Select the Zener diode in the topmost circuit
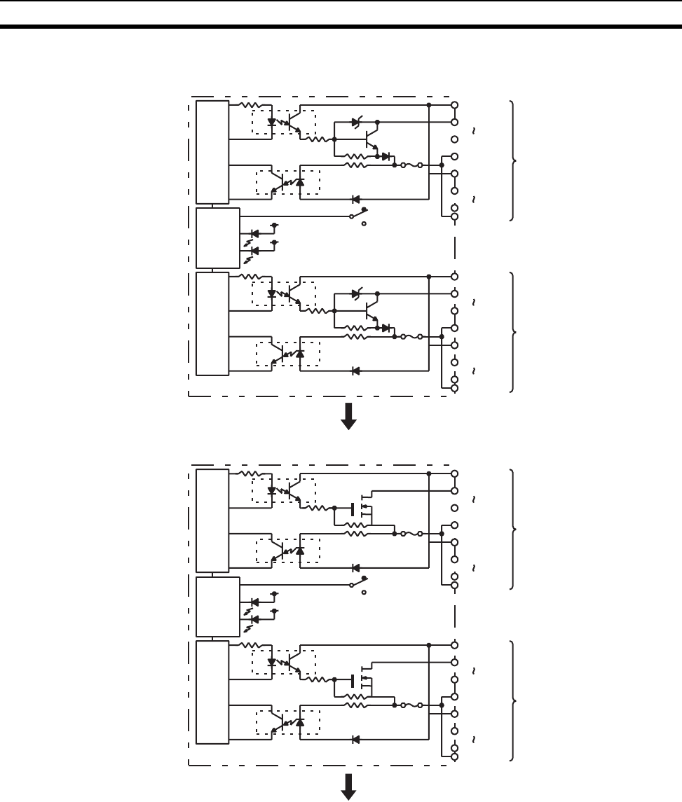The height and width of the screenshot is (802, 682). coord(357,122)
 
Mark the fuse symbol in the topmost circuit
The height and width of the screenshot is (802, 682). coord(412,165)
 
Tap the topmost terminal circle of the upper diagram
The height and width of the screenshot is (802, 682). coord(455,104)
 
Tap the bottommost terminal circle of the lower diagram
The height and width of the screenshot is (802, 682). coord(455,756)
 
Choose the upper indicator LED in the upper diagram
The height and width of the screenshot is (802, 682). coord(254,233)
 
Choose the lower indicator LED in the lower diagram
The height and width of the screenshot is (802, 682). coord(254,619)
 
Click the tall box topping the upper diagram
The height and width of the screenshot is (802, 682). coord(212,151)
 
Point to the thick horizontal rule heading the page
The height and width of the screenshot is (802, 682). coord(341,27)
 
